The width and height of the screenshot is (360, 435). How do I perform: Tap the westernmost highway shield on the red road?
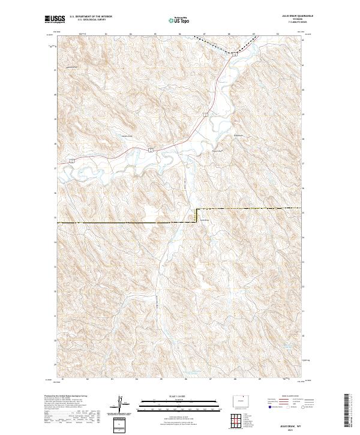[71, 161]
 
